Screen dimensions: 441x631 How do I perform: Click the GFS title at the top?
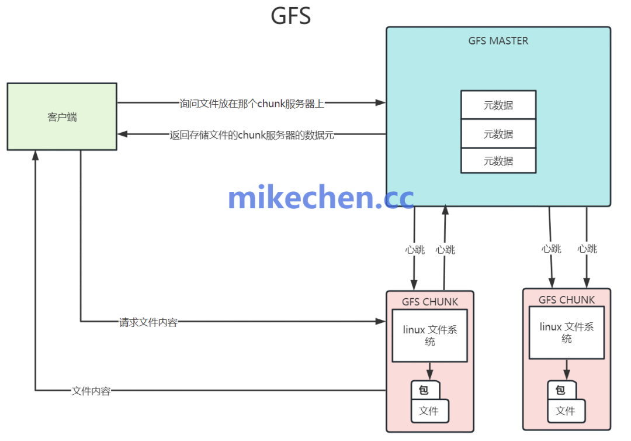tap(290, 16)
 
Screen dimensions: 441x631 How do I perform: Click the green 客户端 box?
tap(62, 116)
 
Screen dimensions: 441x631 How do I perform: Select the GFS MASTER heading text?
tap(498, 41)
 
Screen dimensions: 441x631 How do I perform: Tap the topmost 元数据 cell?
tap(498, 105)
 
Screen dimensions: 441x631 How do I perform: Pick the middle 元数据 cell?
tap(498, 134)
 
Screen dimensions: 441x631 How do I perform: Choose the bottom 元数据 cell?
tap(498, 161)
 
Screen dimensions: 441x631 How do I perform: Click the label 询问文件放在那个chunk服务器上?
tap(252, 104)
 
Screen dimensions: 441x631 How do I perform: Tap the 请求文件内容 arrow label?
tap(148, 322)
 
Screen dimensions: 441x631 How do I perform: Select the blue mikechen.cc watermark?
tap(321, 198)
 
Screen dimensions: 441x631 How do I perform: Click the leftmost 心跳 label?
tap(415, 250)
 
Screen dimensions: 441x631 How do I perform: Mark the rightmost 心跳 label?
tap(587, 249)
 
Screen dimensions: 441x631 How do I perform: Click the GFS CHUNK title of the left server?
tap(430, 302)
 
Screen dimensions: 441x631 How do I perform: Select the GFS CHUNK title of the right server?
tap(567, 299)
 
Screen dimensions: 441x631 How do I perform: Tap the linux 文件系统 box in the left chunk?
tap(430, 336)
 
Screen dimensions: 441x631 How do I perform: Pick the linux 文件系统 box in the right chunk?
tap(567, 333)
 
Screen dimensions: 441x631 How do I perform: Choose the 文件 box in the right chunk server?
tap(565, 411)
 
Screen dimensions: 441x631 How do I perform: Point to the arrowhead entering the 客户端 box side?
tap(122, 135)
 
